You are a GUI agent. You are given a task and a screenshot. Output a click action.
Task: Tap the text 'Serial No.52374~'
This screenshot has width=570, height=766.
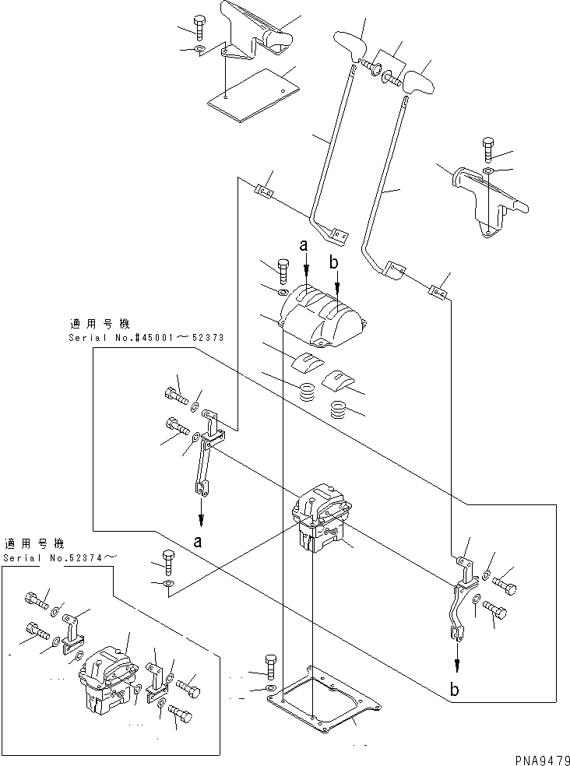coord(62,557)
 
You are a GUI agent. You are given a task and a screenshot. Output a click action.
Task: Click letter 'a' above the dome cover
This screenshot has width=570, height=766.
coord(304,245)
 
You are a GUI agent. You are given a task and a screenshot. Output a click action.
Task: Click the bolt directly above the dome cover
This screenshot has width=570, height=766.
coord(282,270)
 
